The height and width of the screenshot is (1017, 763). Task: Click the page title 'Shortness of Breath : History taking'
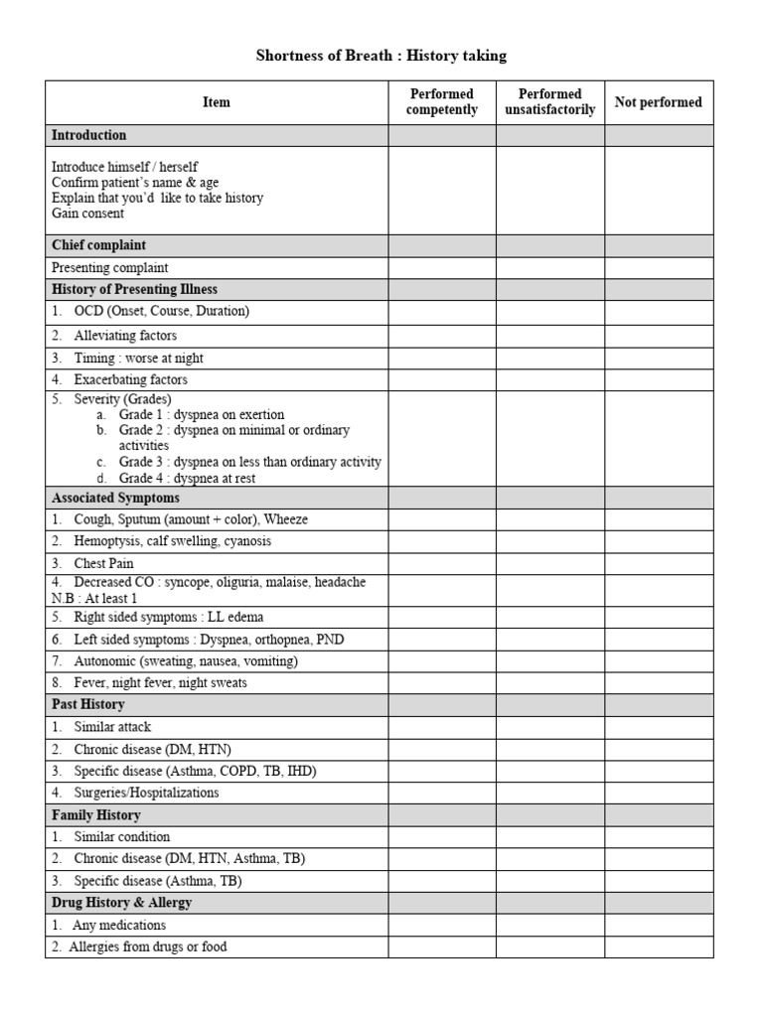click(x=381, y=56)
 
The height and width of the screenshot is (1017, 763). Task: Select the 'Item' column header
click(x=216, y=102)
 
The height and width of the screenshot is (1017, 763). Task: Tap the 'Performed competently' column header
click(x=442, y=102)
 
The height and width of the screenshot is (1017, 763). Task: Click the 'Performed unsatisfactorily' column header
click(x=550, y=102)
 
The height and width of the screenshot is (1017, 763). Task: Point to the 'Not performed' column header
click(x=659, y=102)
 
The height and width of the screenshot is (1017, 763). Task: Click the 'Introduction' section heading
click(x=89, y=135)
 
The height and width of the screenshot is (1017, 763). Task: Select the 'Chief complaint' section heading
click(x=99, y=245)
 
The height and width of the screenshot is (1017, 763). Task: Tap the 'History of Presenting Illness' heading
click(x=134, y=289)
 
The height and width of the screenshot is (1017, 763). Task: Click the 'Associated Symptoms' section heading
click(x=115, y=498)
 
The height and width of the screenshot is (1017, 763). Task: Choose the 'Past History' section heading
click(x=88, y=704)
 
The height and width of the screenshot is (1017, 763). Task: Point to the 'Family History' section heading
click(x=96, y=814)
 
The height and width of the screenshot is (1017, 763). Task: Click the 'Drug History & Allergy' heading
click(x=121, y=903)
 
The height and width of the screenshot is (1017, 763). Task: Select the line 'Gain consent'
click(x=88, y=214)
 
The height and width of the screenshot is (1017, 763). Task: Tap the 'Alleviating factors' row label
click(x=125, y=336)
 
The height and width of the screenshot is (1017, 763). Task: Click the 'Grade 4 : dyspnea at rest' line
click(x=187, y=478)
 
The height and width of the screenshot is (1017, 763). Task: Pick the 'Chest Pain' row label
click(x=103, y=563)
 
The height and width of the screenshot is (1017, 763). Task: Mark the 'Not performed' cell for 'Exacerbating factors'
click(x=659, y=379)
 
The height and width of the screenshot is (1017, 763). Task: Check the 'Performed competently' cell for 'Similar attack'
click(x=442, y=727)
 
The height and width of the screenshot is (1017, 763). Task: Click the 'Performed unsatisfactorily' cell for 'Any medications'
click(x=550, y=925)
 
